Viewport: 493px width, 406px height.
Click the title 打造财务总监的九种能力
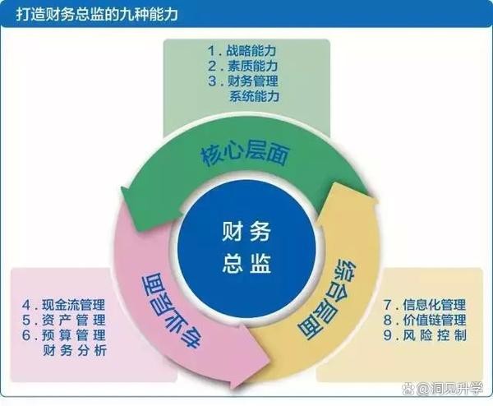[97, 15]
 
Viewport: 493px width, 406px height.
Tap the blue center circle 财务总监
[246, 247]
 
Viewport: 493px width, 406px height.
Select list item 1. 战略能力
[242, 51]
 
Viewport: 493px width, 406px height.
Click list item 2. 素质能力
[242, 66]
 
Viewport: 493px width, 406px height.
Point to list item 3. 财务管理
[243, 81]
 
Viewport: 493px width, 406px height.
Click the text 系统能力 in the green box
[254, 96]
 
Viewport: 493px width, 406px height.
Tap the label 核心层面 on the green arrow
[245, 155]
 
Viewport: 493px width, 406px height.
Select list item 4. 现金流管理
[63, 305]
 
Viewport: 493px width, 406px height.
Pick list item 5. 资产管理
[64, 320]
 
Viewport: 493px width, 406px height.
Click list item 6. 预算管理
[64, 335]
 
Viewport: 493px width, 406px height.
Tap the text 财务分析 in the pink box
[75, 350]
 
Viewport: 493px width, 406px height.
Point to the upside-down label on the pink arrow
[170, 311]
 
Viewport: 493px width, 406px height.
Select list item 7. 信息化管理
[425, 305]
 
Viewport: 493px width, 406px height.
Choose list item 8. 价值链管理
[425, 320]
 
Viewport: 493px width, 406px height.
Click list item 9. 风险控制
[425, 335]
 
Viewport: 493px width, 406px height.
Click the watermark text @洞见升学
[449, 389]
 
